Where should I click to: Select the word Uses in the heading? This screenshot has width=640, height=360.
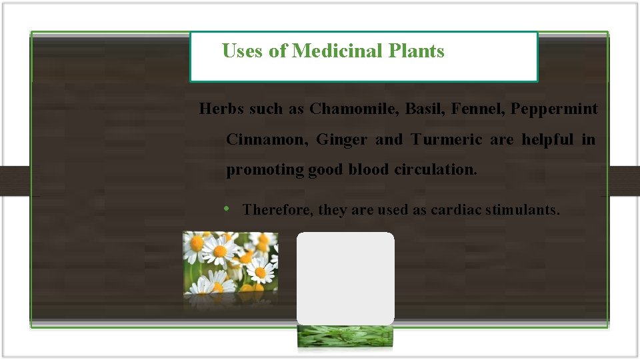coord(243,51)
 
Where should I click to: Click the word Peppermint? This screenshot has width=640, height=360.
coord(554,109)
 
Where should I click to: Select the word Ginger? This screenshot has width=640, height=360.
coord(341,140)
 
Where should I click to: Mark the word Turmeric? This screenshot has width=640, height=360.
coord(447,139)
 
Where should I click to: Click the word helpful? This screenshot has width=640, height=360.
coord(547,139)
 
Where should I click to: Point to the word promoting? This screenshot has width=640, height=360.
coord(265,170)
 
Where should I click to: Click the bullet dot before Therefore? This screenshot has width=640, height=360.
coord(227,209)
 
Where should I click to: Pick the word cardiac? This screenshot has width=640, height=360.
coord(455,210)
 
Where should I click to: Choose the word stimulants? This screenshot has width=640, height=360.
coord(523,210)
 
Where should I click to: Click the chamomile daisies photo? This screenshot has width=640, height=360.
coord(231,263)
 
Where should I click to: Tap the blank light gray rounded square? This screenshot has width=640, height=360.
coord(345,278)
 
